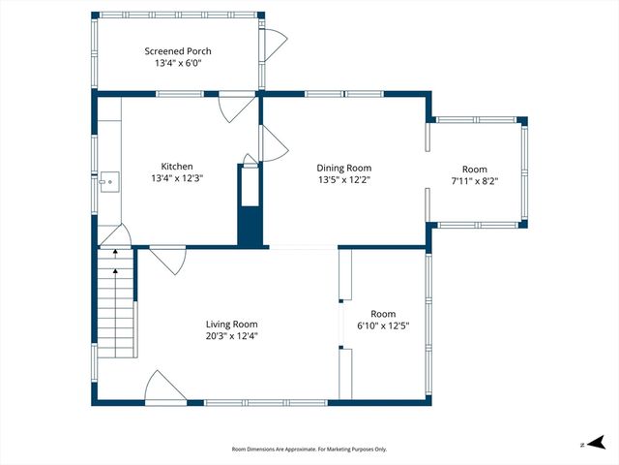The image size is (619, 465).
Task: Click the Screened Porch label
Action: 178,51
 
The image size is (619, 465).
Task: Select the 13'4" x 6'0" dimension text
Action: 178,63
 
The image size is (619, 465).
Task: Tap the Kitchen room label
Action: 178,167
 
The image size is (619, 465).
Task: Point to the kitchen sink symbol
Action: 109,180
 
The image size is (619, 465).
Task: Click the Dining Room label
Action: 344,168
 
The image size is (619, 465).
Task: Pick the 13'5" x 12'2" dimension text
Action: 344,179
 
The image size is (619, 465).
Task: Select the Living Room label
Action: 231,325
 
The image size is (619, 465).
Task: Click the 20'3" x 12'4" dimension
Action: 231,336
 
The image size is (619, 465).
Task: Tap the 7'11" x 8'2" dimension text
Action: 474,181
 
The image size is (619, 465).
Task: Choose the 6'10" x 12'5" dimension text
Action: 383,325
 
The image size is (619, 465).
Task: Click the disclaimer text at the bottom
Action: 309,449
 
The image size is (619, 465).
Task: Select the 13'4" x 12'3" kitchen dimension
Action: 178,178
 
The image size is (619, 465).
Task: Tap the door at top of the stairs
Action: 116,235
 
